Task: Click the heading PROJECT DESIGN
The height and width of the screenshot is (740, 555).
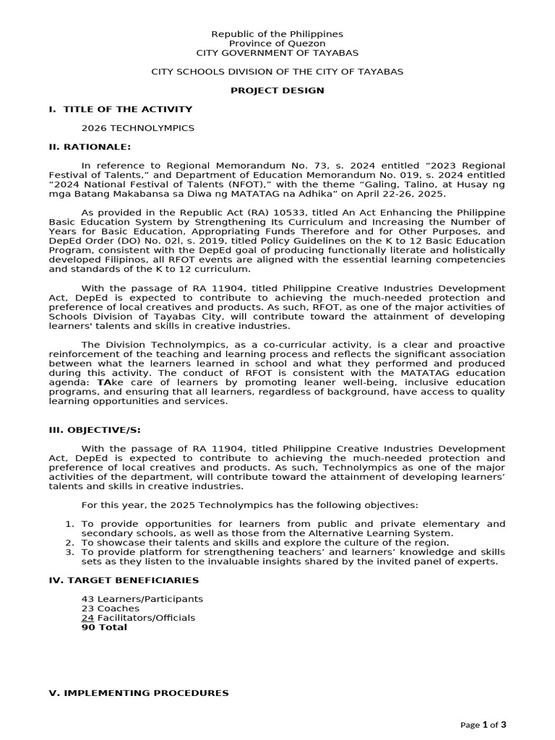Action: (277, 90)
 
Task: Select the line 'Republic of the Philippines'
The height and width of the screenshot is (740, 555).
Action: (277, 34)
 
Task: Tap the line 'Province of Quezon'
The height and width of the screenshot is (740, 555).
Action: (277, 43)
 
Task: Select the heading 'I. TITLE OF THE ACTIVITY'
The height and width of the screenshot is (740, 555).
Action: (120, 109)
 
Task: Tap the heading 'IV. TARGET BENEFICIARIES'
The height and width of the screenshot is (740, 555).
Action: (124, 580)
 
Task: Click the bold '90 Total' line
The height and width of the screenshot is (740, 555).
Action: (104, 627)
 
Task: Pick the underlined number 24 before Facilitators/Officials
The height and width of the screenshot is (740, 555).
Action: (87, 618)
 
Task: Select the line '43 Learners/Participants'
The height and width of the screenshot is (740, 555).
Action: (142, 599)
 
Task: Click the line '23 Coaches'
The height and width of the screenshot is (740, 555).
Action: (111, 608)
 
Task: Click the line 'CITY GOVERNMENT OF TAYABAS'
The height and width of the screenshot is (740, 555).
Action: (277, 53)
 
